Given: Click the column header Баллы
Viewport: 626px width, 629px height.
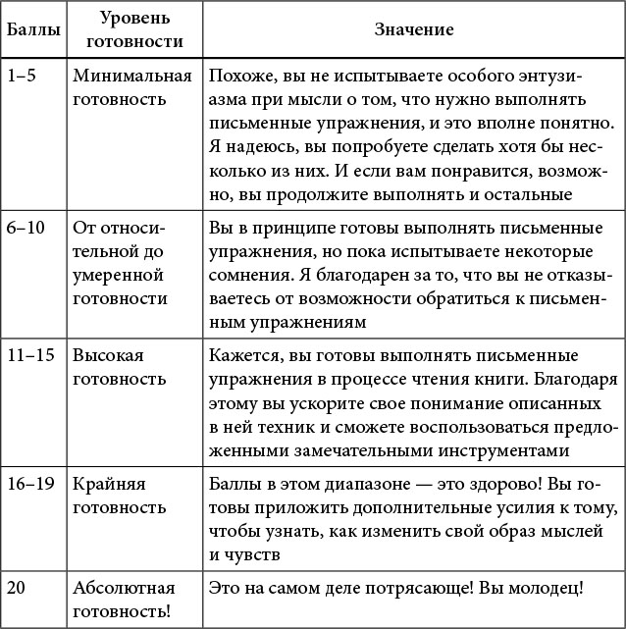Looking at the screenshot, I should [30, 30].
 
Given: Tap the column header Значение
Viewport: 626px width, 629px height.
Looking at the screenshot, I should [413, 30].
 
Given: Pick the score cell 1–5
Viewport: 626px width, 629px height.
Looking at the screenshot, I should [22, 76].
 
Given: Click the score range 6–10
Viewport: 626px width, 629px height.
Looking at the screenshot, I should [26, 228].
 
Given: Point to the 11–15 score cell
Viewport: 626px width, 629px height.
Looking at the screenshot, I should [29, 354].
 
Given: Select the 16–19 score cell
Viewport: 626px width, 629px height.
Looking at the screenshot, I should [29, 484].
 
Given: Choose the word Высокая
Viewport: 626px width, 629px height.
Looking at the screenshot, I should [105, 354].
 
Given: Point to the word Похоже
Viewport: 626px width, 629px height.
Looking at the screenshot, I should [235, 76].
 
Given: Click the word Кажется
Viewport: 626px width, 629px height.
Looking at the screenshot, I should [240, 354].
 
